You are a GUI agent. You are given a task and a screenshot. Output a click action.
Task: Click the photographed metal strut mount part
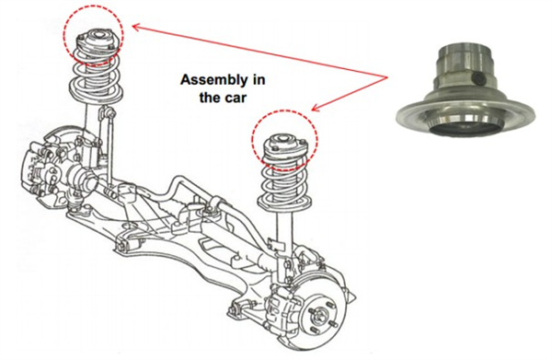point(466,90)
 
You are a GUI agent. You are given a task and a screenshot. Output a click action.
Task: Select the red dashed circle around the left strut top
point(63,35)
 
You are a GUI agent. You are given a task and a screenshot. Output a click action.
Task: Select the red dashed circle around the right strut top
point(252,139)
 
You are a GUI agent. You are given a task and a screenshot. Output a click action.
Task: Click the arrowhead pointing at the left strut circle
point(135,27)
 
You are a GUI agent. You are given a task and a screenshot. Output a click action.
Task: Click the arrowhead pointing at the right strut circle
point(316,108)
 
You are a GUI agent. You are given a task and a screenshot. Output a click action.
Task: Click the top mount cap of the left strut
point(96,39)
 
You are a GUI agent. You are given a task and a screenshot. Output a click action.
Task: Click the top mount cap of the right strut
point(283,143)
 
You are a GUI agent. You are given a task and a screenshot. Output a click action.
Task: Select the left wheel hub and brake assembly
point(52,169)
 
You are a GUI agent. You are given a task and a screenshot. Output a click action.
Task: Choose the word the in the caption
point(209,97)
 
